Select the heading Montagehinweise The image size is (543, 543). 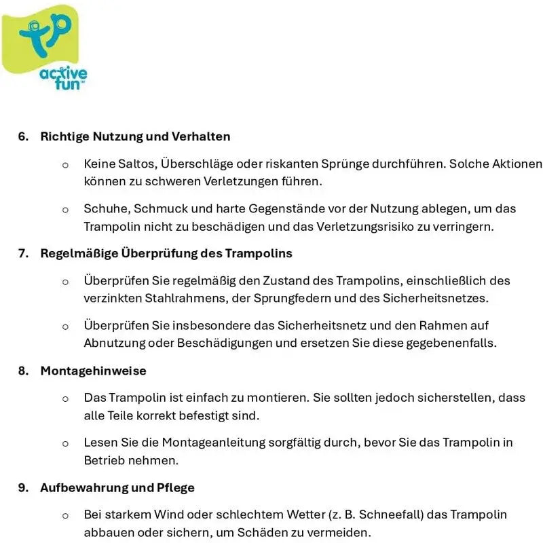[x=93, y=371]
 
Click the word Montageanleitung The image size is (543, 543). [x=198, y=442]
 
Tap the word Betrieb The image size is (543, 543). [x=102, y=460]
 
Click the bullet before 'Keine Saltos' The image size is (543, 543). [x=65, y=164]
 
